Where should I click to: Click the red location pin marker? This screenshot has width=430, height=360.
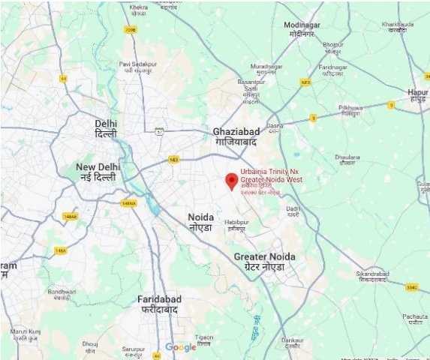(231, 181)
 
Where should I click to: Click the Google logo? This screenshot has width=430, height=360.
(181, 347)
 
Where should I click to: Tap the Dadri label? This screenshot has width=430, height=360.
(293, 211)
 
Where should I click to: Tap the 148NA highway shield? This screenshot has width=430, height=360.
(128, 202)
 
